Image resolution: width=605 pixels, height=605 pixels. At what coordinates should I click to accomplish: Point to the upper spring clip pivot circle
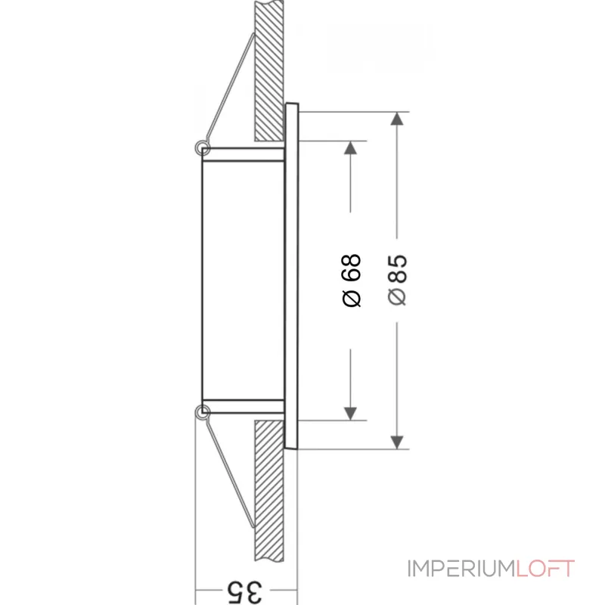coord(202,147)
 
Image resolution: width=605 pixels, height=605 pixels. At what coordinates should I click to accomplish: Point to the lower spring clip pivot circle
coord(202,412)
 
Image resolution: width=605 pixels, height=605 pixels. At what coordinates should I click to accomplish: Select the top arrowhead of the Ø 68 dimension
coord(350,147)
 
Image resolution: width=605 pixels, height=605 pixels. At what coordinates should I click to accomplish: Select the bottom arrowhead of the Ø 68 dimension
coord(350,412)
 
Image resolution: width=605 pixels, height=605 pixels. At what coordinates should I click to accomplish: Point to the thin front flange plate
coord(293,280)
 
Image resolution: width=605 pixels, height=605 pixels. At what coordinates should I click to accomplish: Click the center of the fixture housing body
coord(242,280)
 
